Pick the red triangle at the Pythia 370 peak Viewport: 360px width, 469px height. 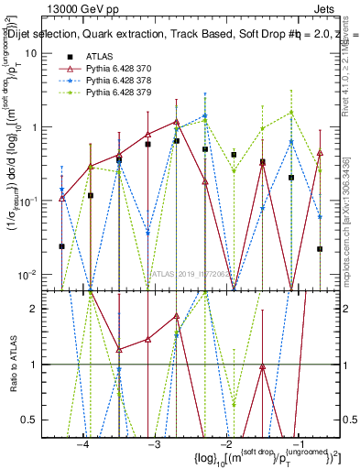tap(177, 121)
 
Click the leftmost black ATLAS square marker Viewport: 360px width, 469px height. tap(62, 246)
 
